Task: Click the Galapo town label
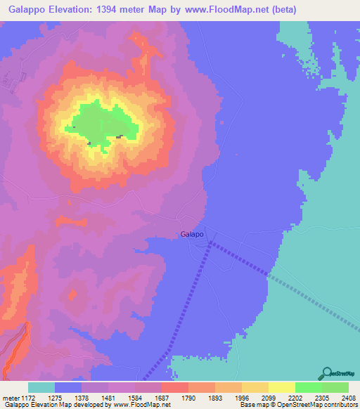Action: pos(192,234)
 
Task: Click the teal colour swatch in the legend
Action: pos(41,387)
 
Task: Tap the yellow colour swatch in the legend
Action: pos(282,387)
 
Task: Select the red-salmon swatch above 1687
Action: pos(175,387)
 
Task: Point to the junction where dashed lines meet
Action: pos(210,244)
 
